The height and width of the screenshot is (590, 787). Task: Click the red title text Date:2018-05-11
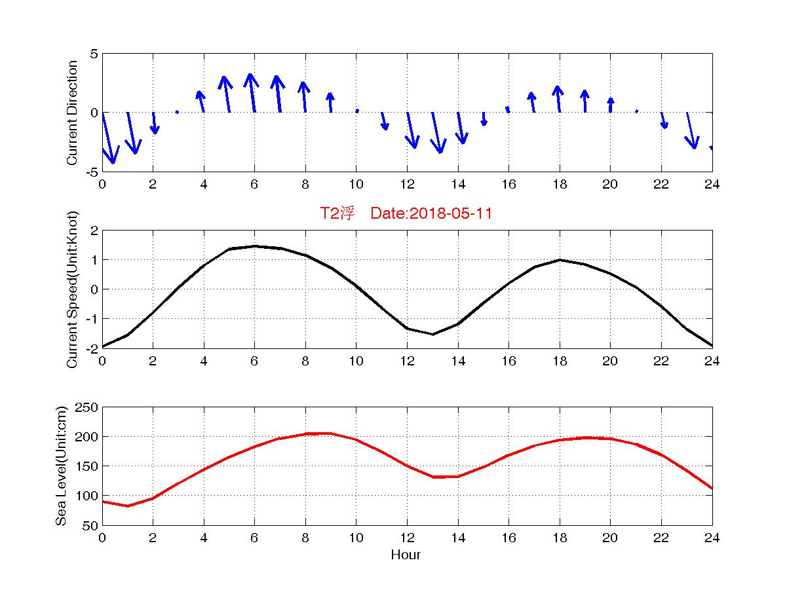(x=431, y=213)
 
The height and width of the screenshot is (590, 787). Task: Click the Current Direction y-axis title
(x=72, y=113)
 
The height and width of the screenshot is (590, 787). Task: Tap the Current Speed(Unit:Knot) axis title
(x=72, y=289)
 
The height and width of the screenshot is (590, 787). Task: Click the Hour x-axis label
(x=406, y=555)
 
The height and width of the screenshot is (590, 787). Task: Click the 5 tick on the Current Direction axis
(x=94, y=54)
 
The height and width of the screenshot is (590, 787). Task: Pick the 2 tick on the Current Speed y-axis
(x=94, y=230)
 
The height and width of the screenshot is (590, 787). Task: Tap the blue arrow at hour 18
(x=558, y=99)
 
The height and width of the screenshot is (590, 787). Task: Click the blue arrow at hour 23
(x=691, y=130)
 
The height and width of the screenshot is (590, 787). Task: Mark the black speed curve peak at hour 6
(x=254, y=246)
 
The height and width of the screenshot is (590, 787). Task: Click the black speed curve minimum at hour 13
(x=432, y=334)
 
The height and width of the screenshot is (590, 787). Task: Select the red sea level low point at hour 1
(x=128, y=506)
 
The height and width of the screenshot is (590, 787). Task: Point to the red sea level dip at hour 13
(x=432, y=477)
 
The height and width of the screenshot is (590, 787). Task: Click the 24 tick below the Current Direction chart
(x=712, y=185)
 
